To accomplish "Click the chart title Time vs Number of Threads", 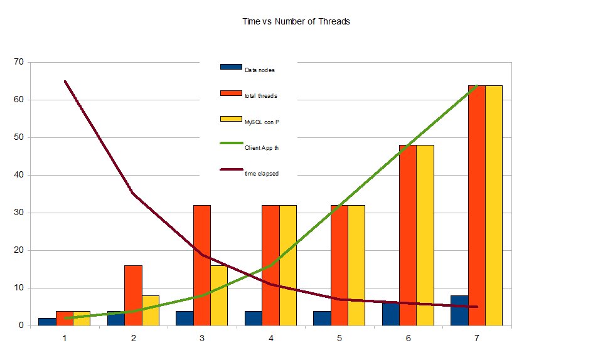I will pos(296,21).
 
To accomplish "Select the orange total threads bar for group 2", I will pos(133,295).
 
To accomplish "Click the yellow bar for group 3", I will pos(219,295).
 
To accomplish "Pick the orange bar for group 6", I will pos(408,235).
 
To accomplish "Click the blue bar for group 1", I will pos(47,322).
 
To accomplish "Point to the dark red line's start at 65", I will pos(65,82).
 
